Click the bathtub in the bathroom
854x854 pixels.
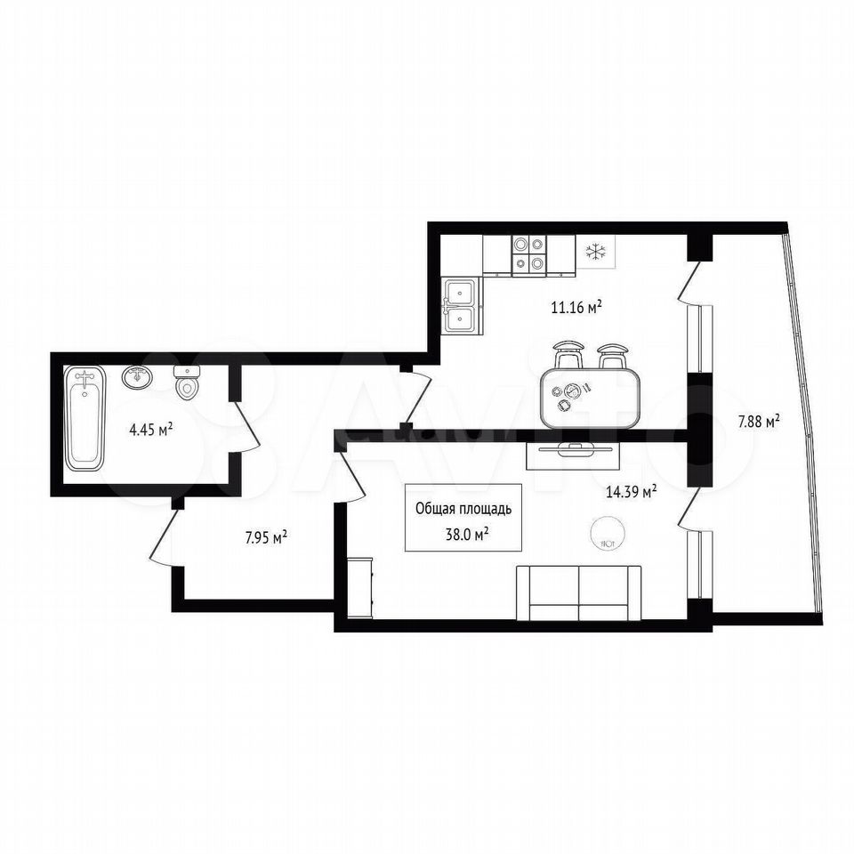coord(85,418)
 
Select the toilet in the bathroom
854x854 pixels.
coord(187,383)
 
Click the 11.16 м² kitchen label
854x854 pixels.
coord(576,307)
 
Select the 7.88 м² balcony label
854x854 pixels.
coord(759,421)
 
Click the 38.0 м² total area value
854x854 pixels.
coord(467,535)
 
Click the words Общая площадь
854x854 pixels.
coord(463,509)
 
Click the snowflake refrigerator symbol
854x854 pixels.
coord(596,252)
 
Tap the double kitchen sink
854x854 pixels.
coord(462,305)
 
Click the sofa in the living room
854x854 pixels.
coord(578,592)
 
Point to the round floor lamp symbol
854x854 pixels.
coord(608,531)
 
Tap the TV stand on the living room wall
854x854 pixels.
coord(574,455)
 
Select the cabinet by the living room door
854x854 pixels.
coord(359,588)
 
